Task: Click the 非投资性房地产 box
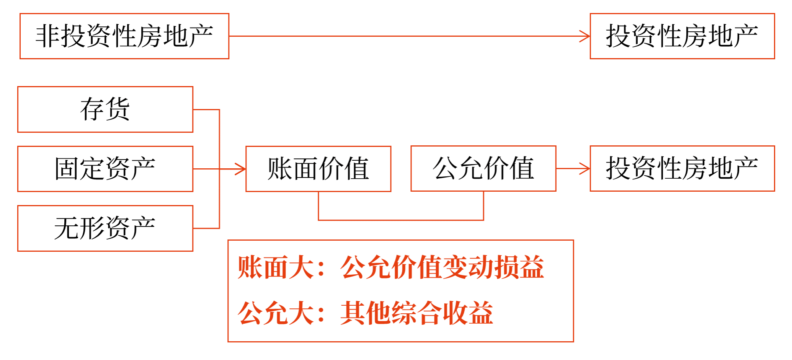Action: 124,36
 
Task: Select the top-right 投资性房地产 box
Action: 682,36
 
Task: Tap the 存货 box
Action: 105,109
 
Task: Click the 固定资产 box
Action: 105,169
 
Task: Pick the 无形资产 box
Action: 105,228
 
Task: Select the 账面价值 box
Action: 318,169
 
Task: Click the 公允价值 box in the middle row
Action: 483,168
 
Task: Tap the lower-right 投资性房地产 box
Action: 682,168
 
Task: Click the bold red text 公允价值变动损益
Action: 442,267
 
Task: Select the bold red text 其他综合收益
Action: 416,313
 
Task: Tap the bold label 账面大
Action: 276,267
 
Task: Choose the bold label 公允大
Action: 276,313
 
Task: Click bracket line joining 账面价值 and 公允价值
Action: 401,220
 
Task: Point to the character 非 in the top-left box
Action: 47,36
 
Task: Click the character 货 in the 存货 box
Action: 118,109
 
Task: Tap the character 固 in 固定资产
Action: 67,169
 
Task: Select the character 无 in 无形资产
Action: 67,228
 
